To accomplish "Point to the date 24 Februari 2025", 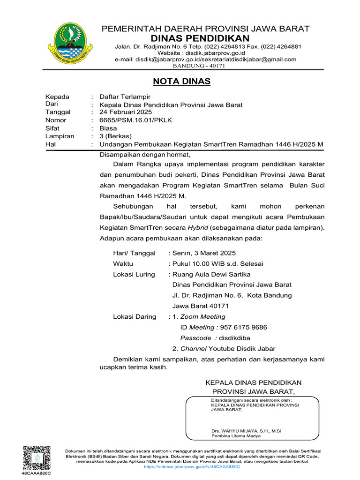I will click(126, 112).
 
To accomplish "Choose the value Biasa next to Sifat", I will click(108, 128).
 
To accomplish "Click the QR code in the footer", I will click(36, 457).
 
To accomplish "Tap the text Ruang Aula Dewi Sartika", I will click(211, 274).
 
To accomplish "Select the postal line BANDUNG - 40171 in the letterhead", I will click(199, 66).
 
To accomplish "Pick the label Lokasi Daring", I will click(135, 317).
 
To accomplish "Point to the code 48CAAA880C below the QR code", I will click(36, 474).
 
